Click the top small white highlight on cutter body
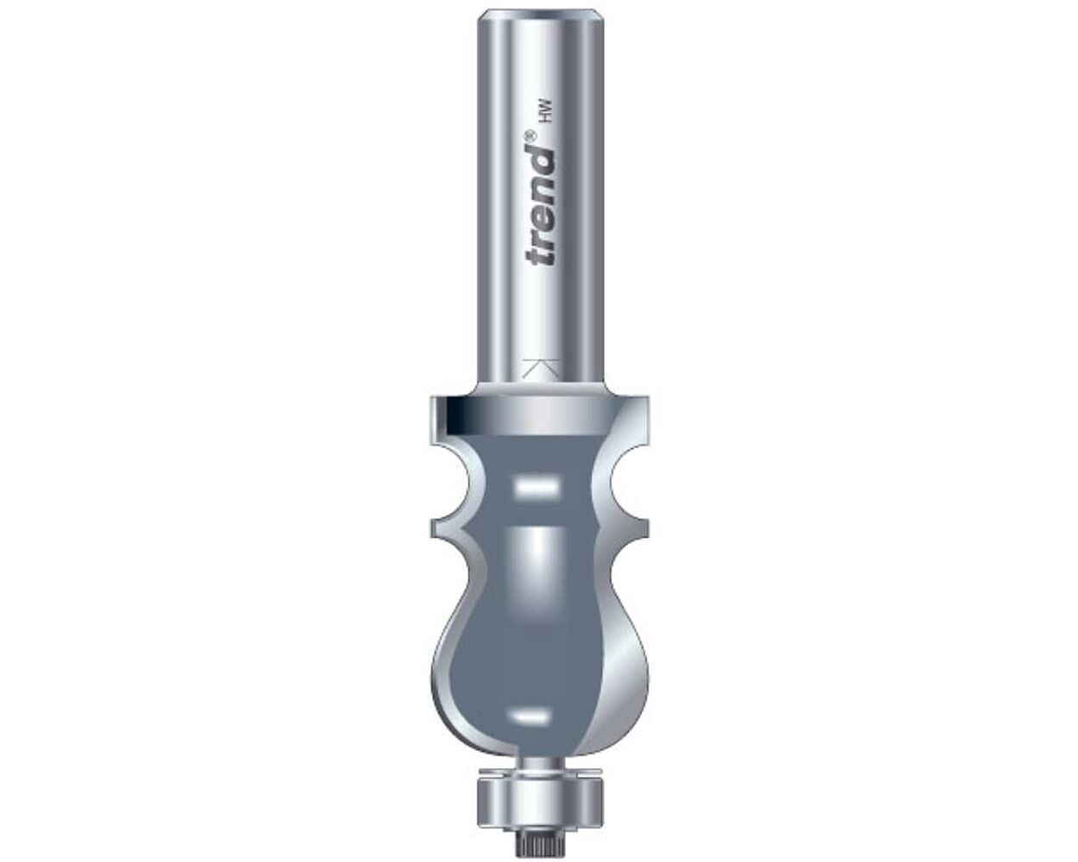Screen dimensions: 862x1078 pyautogui.click(x=532, y=487)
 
